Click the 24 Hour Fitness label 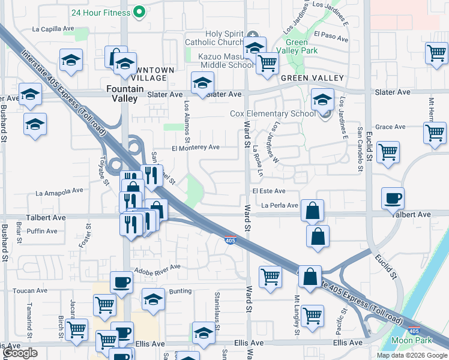click(100, 12)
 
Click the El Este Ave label click(268, 191)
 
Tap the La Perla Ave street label click(279, 205)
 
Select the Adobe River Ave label click(157, 268)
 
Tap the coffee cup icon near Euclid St click(393, 198)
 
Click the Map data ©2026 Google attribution click(411, 355)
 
